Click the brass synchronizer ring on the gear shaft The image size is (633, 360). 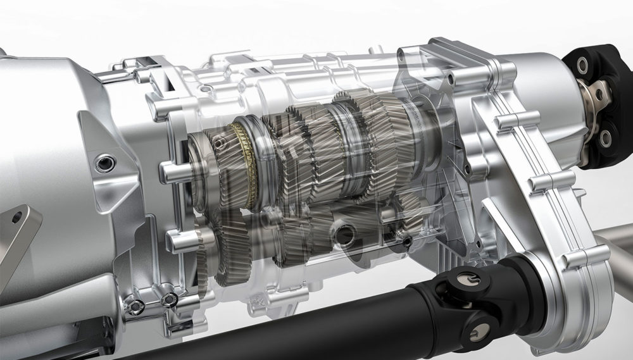pos(244,166)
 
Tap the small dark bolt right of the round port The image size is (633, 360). pos(406,241)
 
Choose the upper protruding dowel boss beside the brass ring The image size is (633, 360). pos(170,170)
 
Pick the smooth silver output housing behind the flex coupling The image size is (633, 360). pos(538,82)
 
